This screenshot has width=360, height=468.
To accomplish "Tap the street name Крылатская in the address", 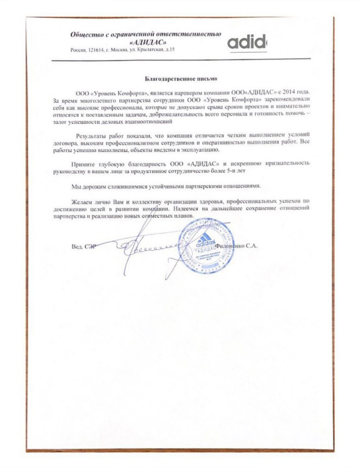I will click(149, 50).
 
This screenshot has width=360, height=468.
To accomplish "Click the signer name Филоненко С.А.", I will click(237, 247).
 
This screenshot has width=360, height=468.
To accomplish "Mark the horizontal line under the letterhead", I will click(180, 60).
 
